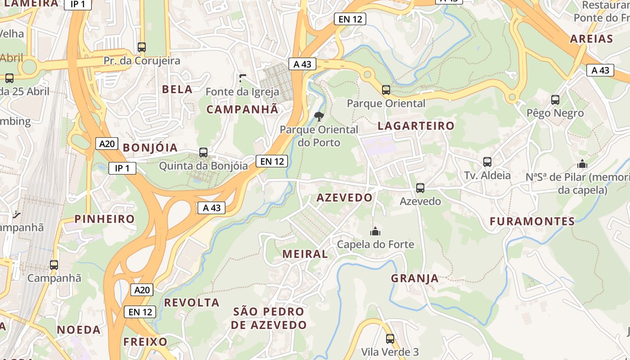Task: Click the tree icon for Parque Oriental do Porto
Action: coord(319,117)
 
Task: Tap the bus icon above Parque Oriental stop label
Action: coord(386,90)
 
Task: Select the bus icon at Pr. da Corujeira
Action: coord(142,47)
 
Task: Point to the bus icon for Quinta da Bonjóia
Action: coord(203,153)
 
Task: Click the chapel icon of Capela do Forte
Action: coord(375,232)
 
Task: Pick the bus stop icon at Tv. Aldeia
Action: coord(487,162)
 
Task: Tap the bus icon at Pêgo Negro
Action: coord(555,100)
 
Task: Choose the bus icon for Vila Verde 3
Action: coord(390,339)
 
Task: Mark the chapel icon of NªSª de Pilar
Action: coord(582,164)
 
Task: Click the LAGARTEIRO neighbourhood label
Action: coord(416,126)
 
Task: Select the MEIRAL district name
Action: coord(305,254)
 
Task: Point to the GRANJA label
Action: coord(414,279)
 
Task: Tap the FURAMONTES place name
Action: coord(532,221)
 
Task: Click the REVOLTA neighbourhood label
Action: coord(192,303)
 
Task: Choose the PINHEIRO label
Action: coord(104,219)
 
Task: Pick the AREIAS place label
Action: coord(591,39)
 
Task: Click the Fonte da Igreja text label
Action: coord(242,92)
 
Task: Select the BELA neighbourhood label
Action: coord(177,90)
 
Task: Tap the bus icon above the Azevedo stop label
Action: coord(420,188)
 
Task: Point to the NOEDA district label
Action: coord(79,330)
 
